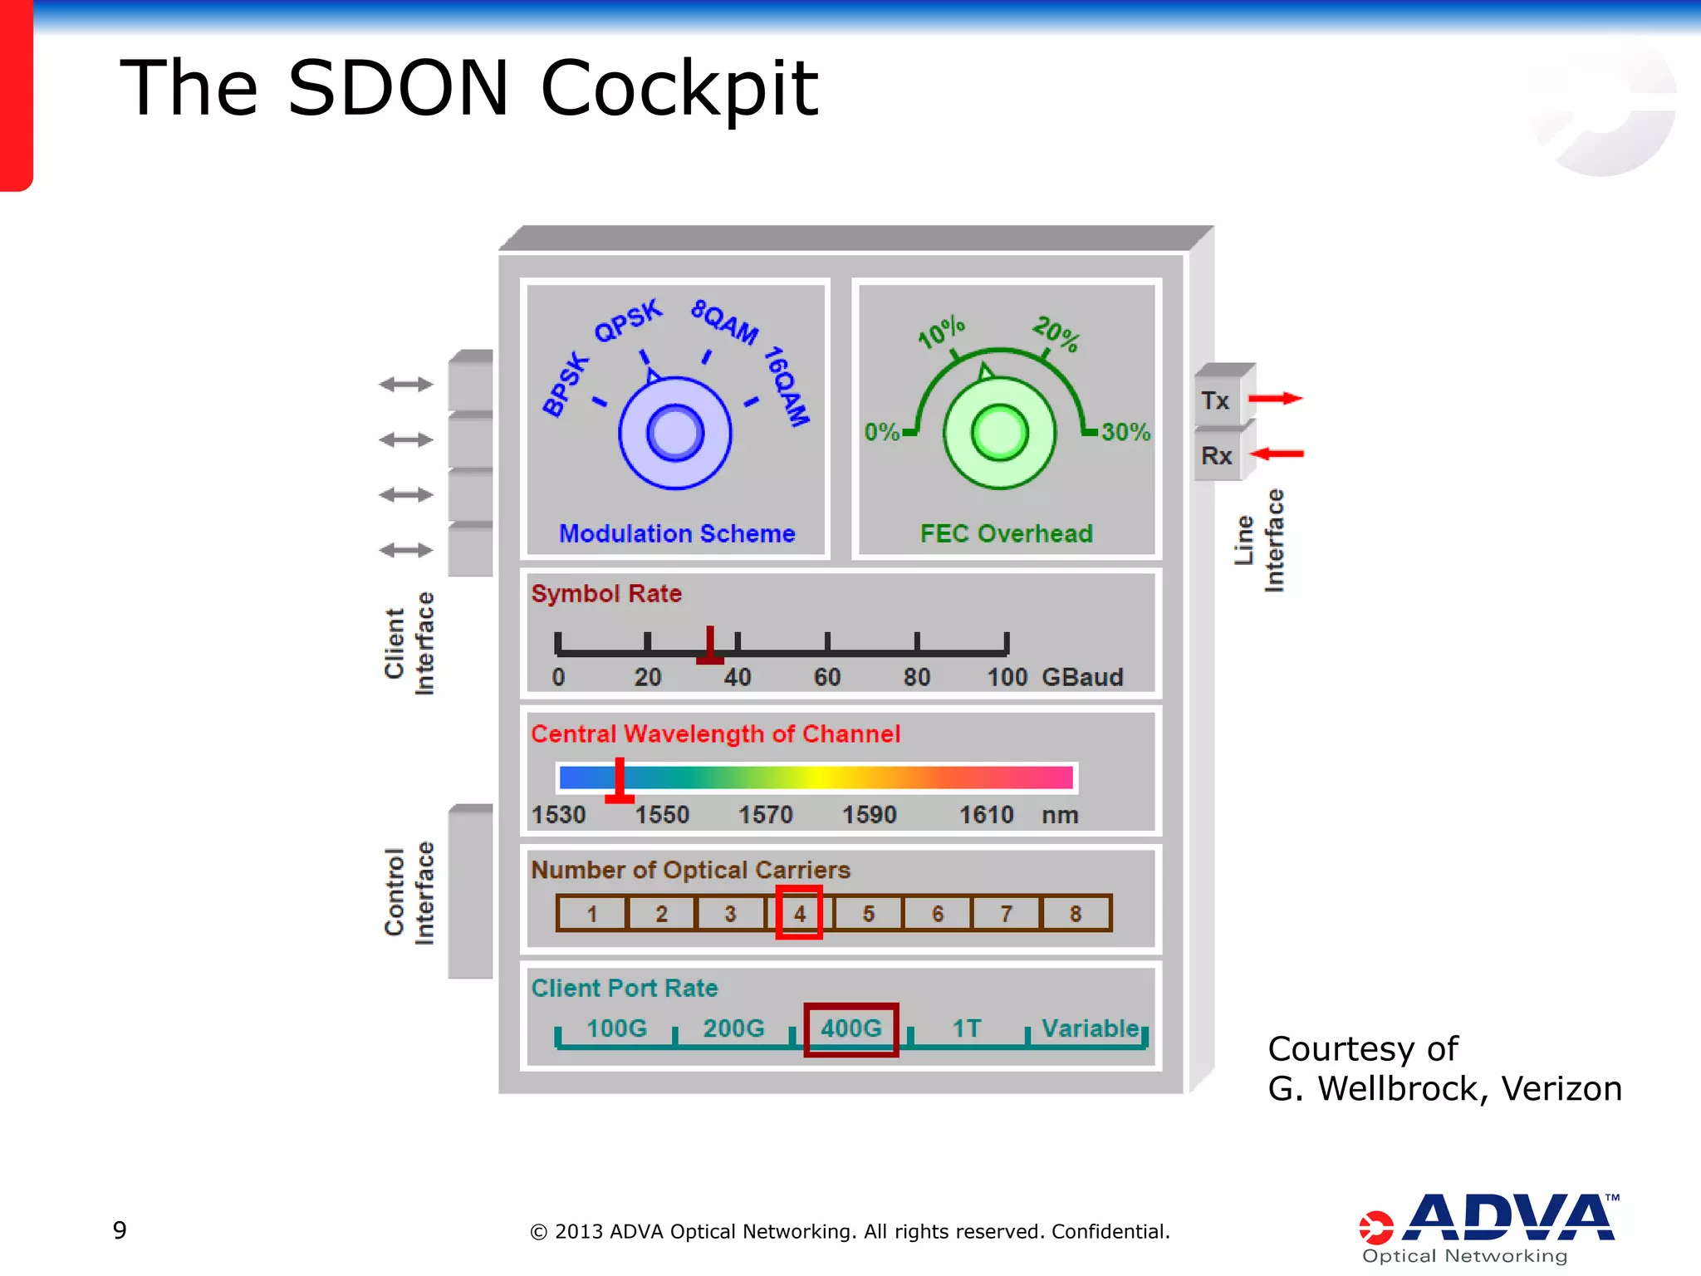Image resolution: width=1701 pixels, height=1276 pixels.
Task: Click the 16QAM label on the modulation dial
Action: tap(786, 386)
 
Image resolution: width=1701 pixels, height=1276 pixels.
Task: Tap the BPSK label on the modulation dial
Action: tap(566, 385)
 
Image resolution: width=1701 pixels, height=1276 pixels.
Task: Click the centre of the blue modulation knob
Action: tap(675, 433)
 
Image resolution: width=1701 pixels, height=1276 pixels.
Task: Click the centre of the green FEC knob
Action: tap(999, 433)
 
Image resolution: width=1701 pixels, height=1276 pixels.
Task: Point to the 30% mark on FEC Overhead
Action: tap(1125, 432)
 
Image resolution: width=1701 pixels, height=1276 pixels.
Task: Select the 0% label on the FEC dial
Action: tap(882, 432)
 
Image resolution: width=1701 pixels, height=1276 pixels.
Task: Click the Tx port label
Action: tap(1215, 400)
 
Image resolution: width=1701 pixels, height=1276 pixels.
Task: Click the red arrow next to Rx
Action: tap(1277, 454)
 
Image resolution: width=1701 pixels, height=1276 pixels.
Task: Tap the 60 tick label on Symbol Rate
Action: tap(827, 677)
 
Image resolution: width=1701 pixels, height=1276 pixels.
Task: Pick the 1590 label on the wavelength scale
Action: tap(870, 814)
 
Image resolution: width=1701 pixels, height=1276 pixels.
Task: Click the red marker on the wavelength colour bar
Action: tap(620, 780)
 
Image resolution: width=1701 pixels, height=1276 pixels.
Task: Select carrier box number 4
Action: tap(799, 913)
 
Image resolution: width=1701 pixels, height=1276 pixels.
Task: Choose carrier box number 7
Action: tap(1006, 913)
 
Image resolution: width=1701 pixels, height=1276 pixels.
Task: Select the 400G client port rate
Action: tap(851, 1028)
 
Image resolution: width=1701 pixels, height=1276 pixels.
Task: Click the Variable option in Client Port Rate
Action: tap(1091, 1028)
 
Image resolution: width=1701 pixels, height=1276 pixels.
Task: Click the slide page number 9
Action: tap(120, 1230)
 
